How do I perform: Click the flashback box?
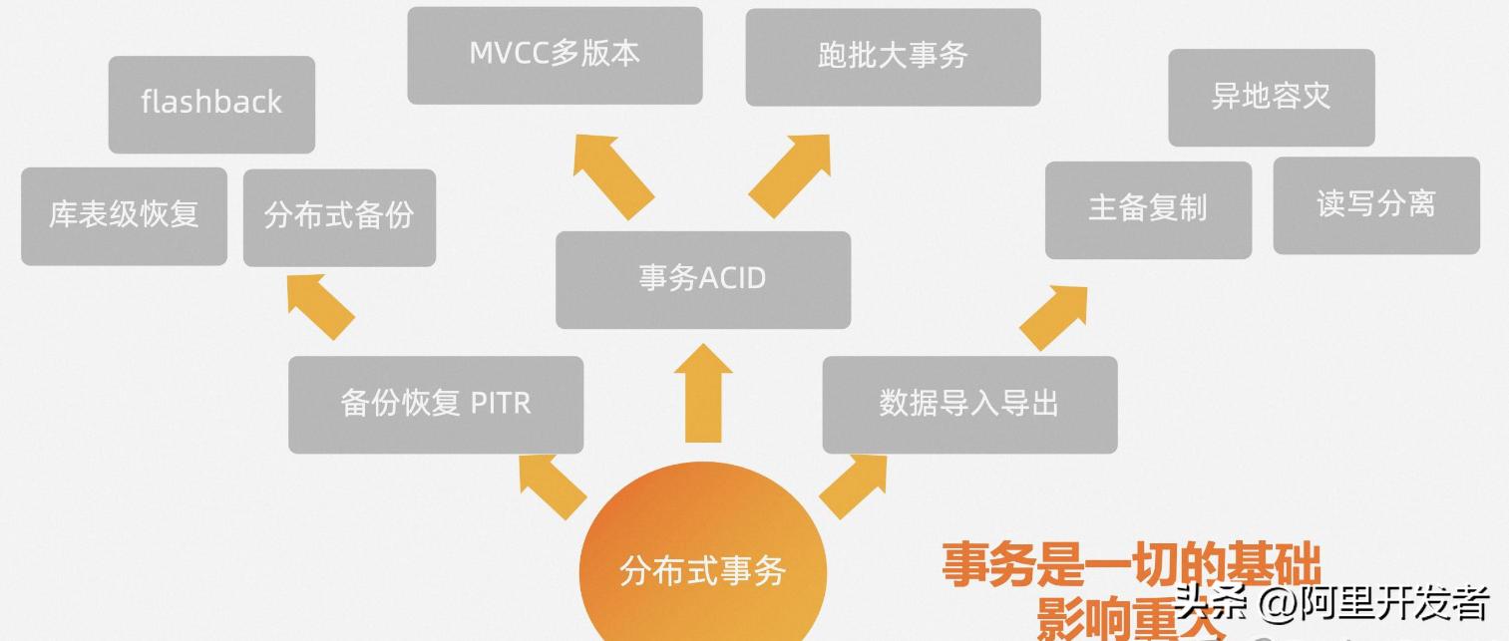pos(211,104)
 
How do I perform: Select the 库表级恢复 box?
pos(124,216)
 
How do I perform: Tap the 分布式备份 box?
pos(339,217)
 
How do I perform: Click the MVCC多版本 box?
pos(555,55)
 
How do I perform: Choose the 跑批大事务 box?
pos(893,57)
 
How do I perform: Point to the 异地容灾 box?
pos(1271,98)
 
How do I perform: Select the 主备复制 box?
pos(1148,209)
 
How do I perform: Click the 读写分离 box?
pos(1376,205)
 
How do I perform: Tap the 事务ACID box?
pos(702,279)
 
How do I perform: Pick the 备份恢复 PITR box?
pos(436,404)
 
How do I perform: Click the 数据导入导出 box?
pos(969,404)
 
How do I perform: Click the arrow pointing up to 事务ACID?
pos(703,394)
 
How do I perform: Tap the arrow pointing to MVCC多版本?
pos(611,174)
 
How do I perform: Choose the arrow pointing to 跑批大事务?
pos(791,174)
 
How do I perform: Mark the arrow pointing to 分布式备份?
pos(319,307)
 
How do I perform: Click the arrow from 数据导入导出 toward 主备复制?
pos(1052,317)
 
